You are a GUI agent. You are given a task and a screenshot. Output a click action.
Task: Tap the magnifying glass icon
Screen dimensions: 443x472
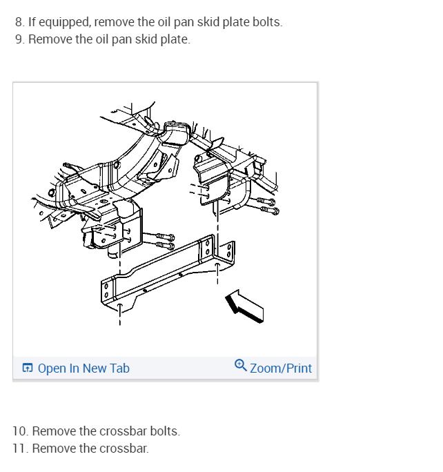[241, 365]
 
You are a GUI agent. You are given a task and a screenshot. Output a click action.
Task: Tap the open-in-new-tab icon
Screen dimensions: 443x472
[28, 368]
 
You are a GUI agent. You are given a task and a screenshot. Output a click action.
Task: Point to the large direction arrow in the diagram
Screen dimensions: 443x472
[244, 306]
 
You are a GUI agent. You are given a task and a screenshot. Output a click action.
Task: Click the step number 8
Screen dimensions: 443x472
[19, 22]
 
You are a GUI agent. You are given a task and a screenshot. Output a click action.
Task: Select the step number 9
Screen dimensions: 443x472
[19, 39]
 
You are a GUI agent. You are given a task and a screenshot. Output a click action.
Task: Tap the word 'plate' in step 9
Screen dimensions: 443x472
[175, 40]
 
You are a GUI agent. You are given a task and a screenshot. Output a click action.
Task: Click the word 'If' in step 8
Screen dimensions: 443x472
[32, 22]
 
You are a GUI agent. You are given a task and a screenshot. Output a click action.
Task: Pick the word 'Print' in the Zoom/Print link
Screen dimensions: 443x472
[299, 368]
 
